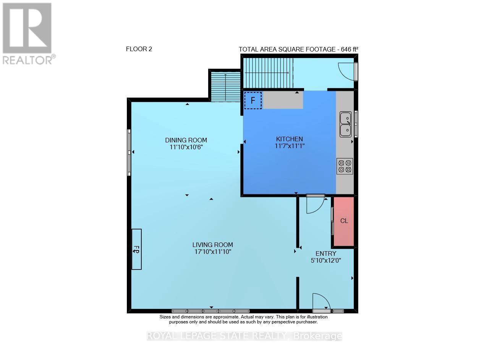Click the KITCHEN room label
pos(289,139)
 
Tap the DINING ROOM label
pos(186,140)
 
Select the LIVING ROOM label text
pos(213,245)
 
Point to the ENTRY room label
pos(326,253)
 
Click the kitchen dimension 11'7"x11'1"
pos(290,146)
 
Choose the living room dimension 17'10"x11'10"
pos(213,252)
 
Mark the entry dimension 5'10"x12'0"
pos(326,260)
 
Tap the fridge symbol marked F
pos(253,100)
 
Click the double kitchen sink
pos(346,124)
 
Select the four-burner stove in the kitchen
pos(345,166)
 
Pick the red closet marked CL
pos(344,221)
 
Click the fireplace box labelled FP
pos(137,249)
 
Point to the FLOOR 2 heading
pos(139,49)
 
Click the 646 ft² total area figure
pos(350,49)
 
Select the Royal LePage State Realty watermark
pos(244,336)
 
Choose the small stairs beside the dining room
pos(225,86)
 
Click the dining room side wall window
pos(129,152)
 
